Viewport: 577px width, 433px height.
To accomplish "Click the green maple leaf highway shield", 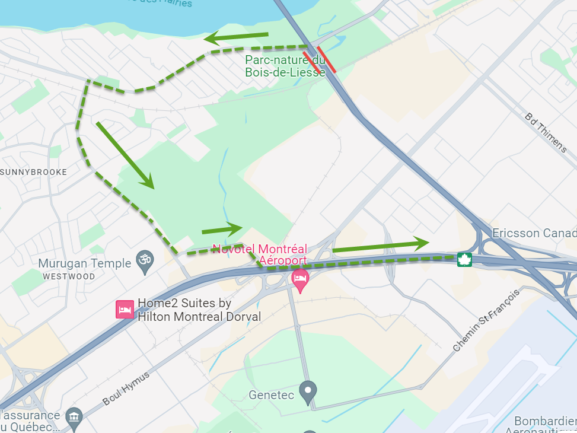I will [464, 259].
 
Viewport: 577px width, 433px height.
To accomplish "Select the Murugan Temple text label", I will [84, 263].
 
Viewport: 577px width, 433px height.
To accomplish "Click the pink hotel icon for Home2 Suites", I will [125, 310].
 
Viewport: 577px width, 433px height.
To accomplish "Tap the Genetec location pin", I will [308, 392].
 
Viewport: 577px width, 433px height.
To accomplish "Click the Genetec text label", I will [271, 394].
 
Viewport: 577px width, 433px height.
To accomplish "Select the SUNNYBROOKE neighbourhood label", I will [34, 172].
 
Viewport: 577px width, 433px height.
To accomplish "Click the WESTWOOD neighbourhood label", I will [69, 276].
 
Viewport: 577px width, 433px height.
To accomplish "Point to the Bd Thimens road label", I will [546, 132].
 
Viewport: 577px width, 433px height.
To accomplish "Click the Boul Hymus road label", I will [126, 389].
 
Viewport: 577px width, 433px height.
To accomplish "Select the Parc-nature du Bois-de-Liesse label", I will [285, 66].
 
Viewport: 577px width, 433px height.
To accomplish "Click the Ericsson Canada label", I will [534, 233].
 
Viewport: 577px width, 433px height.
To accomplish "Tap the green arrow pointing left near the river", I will [236, 38].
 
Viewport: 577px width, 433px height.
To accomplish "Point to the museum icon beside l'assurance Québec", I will [74, 416].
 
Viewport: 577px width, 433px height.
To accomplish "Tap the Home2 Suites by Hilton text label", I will [199, 310].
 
